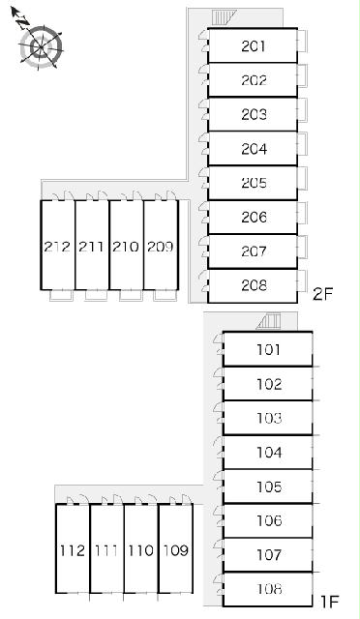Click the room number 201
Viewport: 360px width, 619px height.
click(x=254, y=46)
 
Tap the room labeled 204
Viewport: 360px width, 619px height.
click(x=254, y=149)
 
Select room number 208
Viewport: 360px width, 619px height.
click(x=254, y=285)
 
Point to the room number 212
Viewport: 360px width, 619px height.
click(x=58, y=247)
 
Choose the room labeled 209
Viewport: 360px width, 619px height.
click(x=161, y=247)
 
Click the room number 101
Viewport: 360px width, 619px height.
click(x=269, y=349)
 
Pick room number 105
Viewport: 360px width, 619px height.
click(x=269, y=486)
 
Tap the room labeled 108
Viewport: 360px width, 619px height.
click(x=269, y=589)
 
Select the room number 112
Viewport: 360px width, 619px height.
click(x=73, y=550)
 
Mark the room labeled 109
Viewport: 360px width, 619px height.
click(x=176, y=550)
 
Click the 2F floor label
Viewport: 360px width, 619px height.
click(x=323, y=294)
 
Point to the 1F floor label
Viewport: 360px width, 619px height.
click(x=329, y=602)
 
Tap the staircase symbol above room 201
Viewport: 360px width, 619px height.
click(x=224, y=18)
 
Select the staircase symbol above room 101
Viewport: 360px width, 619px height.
click(x=269, y=321)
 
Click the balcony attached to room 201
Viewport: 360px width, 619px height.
click(x=302, y=41)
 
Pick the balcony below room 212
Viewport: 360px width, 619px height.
click(x=61, y=295)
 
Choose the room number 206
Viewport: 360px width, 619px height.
click(x=254, y=217)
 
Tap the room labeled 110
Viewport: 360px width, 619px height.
click(x=141, y=550)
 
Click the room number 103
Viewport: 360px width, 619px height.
click(x=269, y=418)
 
